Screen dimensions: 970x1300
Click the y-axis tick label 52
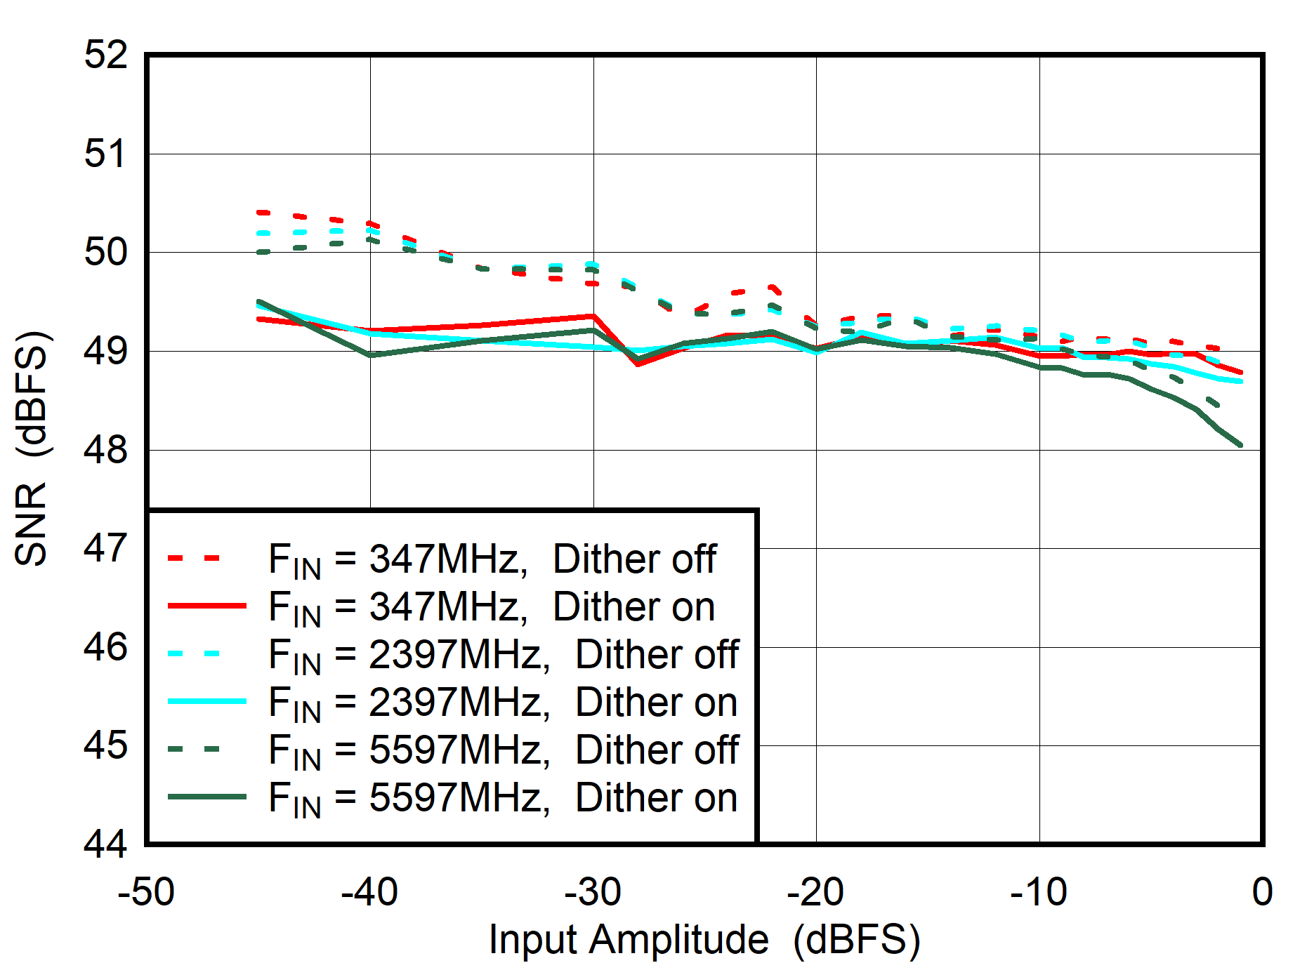pyautogui.click(x=106, y=55)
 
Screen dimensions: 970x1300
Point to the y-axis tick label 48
pyautogui.click(x=106, y=450)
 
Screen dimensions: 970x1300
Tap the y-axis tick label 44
pyautogui.click(x=106, y=844)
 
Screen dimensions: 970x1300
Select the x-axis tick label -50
pyautogui.click(x=146, y=893)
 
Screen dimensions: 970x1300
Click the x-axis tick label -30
pyautogui.click(x=593, y=893)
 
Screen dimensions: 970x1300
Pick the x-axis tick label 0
pyautogui.click(x=1261, y=893)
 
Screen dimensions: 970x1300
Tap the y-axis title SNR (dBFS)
pyautogui.click(x=32, y=449)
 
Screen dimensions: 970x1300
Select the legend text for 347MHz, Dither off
pyautogui.click(x=492, y=560)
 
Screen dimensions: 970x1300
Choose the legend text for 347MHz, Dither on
pyautogui.click(x=492, y=608)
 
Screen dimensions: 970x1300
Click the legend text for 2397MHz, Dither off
pyautogui.click(x=503, y=656)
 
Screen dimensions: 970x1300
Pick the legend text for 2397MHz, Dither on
pyautogui.click(x=503, y=703)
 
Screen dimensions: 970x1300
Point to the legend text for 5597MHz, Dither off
pyautogui.click(x=503, y=751)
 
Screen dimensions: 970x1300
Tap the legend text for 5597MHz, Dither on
pyautogui.click(x=503, y=799)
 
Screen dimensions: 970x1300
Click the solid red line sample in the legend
pyautogui.click(x=206, y=605)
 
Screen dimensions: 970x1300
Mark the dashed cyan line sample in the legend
pyautogui.click(x=194, y=653)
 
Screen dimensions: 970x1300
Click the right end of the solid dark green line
pyautogui.click(x=1240, y=444)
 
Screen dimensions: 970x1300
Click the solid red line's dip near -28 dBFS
pyautogui.click(x=638, y=364)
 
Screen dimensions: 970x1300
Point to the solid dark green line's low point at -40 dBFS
pyautogui.click(x=370, y=355)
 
